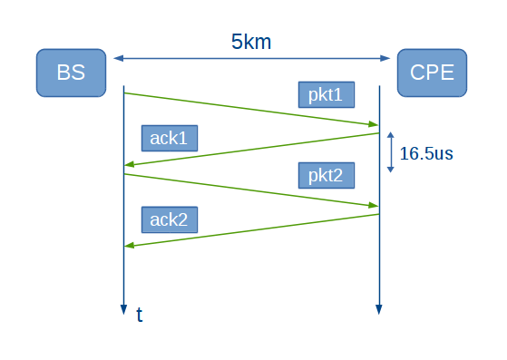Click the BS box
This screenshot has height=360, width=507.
click(x=71, y=73)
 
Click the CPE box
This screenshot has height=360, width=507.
click(x=432, y=73)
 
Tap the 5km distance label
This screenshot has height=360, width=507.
click(x=251, y=42)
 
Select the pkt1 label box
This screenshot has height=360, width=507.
click(x=326, y=94)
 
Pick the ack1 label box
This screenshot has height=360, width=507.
click(x=169, y=138)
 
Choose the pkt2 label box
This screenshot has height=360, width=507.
click(x=326, y=175)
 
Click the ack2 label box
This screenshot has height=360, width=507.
click(x=169, y=219)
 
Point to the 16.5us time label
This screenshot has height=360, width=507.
click(x=426, y=153)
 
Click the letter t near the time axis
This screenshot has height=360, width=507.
click(x=140, y=315)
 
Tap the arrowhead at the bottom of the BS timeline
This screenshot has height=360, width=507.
click(x=123, y=310)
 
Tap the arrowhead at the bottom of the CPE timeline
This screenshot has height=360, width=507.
click(x=379, y=310)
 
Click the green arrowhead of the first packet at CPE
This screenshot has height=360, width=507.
click(x=373, y=124)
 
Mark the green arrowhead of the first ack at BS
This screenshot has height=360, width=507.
click(x=130, y=165)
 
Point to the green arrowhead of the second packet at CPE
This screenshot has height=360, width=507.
click(x=373, y=206)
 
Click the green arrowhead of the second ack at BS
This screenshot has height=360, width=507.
click(x=130, y=246)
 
